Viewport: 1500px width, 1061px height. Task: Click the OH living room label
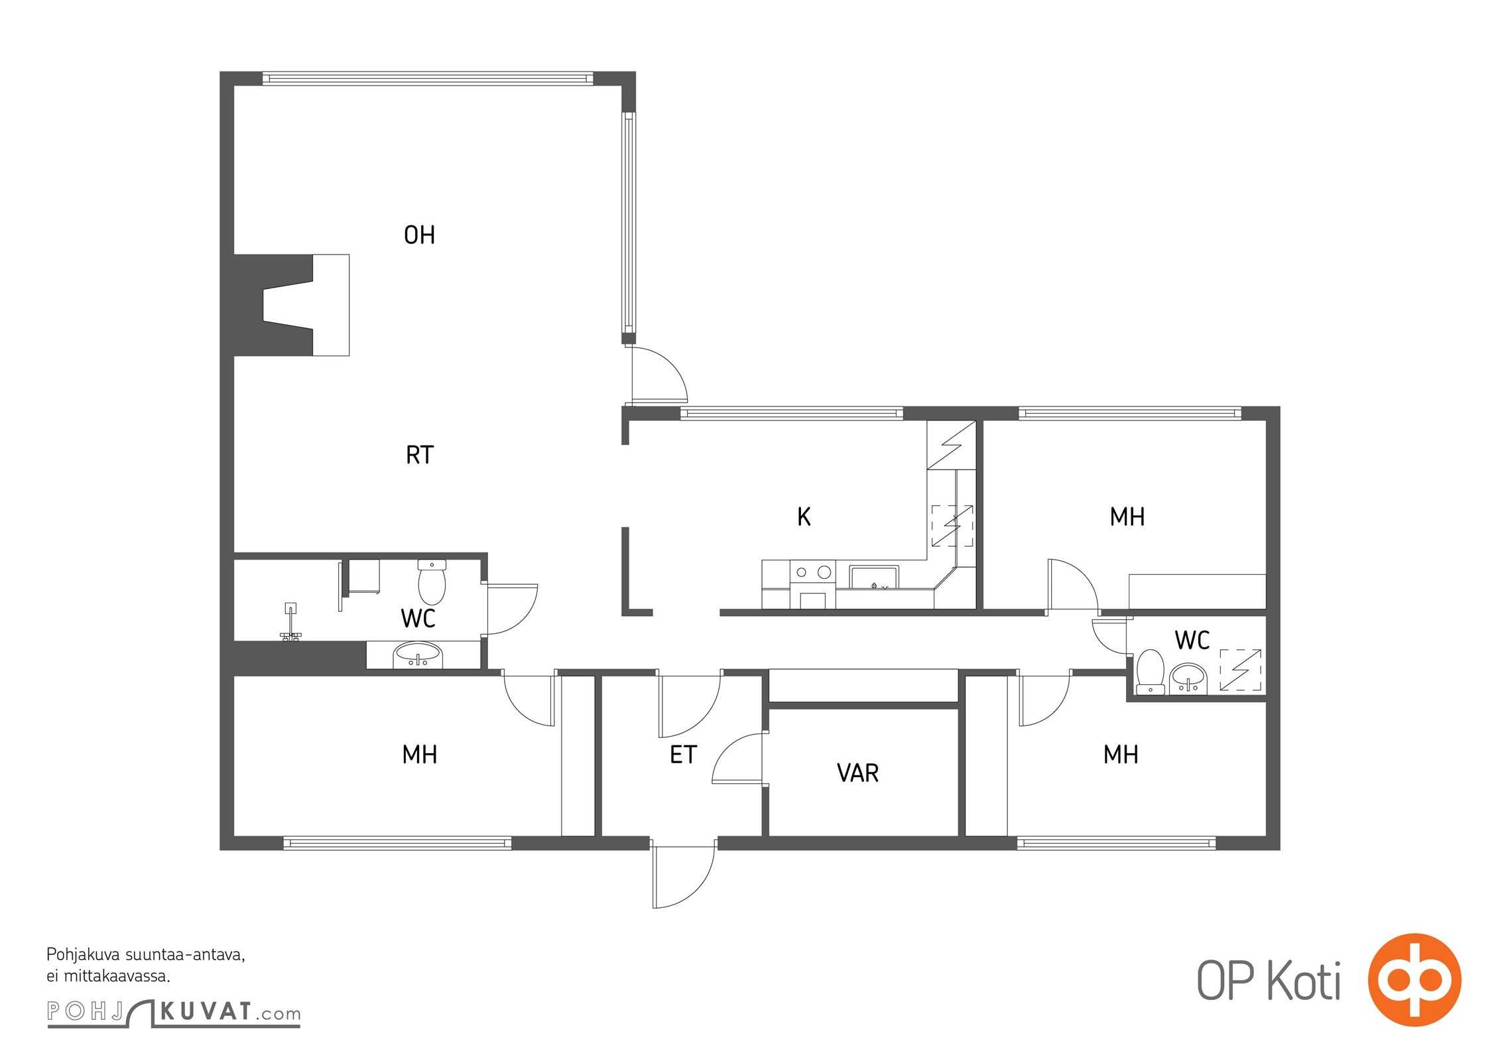tap(419, 235)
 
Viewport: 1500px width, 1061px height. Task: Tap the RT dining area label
tap(420, 455)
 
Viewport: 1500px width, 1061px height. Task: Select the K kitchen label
tap(804, 517)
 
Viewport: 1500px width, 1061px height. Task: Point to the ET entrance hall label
tap(683, 755)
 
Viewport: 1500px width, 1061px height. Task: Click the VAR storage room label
tap(857, 773)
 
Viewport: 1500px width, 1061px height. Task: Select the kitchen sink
tap(874, 577)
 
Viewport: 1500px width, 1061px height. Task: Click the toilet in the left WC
tap(432, 582)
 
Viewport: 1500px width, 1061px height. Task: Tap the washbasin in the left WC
tap(417, 654)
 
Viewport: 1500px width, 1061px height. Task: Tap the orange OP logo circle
tap(1415, 980)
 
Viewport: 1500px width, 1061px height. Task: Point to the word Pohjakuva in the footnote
tap(84, 956)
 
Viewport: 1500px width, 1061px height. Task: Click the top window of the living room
tap(428, 78)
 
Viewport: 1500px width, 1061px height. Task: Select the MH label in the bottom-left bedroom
tap(420, 755)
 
